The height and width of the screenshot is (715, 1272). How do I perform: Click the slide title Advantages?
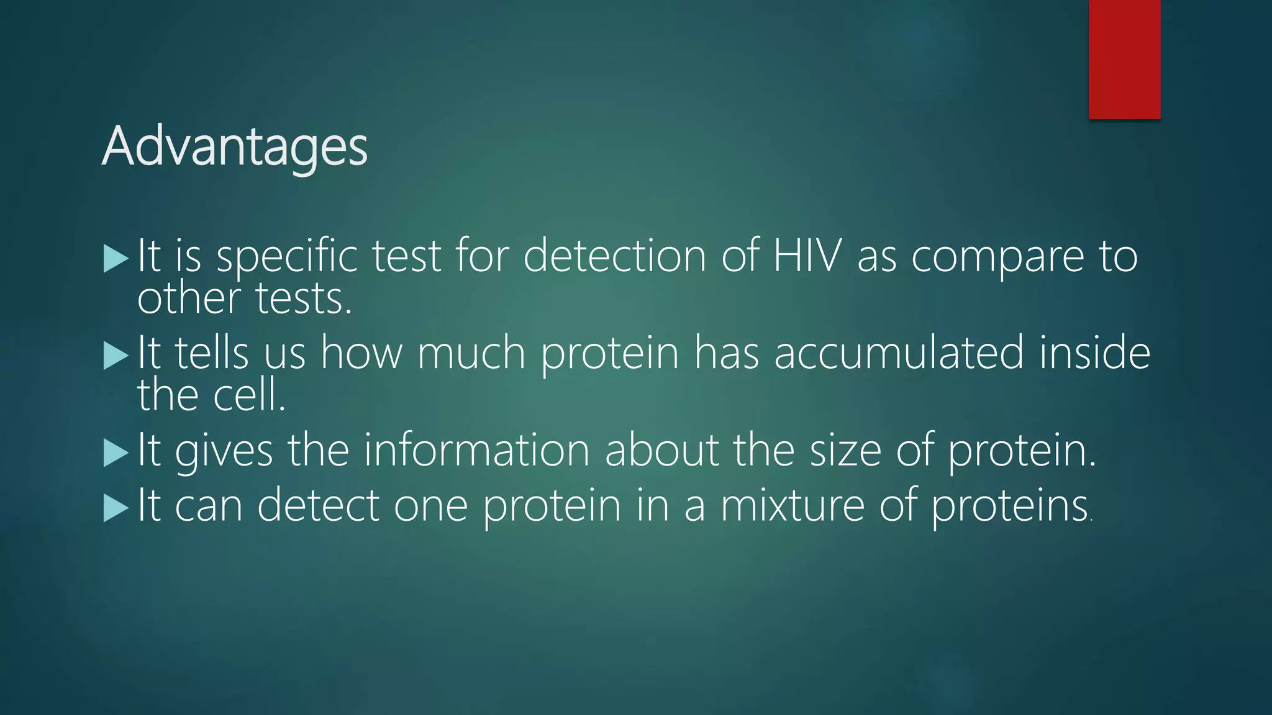coord(235,147)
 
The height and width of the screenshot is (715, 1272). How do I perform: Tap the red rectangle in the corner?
coord(1124,59)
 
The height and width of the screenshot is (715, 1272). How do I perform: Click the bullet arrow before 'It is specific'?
coord(116,258)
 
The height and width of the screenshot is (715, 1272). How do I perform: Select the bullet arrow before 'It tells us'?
coord(116,356)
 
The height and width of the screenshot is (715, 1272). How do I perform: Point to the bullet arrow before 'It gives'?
coord(116,452)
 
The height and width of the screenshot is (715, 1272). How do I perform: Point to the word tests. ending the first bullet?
coord(304,299)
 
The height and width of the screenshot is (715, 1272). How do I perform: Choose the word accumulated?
coord(899,353)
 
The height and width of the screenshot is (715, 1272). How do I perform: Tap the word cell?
coord(249,395)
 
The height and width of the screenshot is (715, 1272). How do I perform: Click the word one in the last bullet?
coord(430,505)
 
